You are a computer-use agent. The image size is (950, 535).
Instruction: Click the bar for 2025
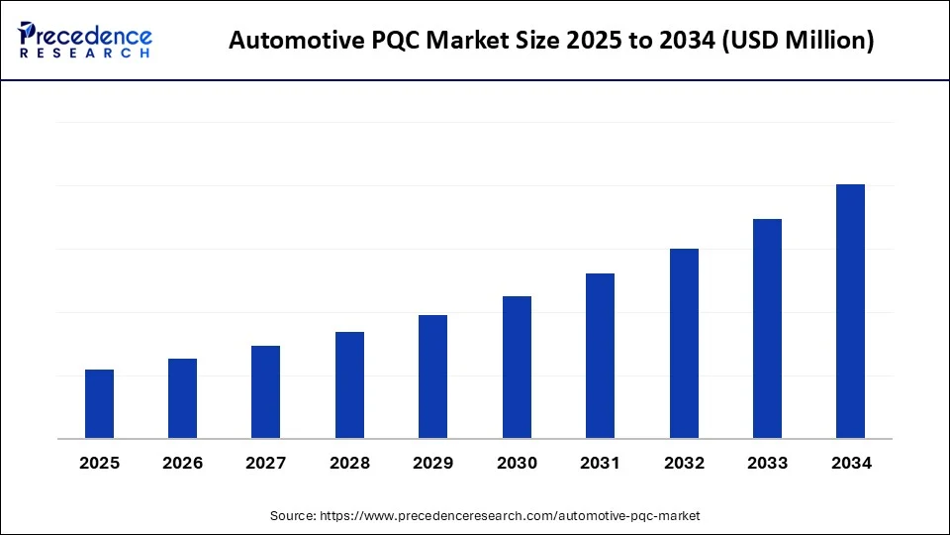[x=99, y=404]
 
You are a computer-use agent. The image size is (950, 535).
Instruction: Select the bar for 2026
[x=182, y=398]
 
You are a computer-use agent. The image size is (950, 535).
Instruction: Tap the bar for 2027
[x=265, y=392]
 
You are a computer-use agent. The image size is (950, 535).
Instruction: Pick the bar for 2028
[x=349, y=385]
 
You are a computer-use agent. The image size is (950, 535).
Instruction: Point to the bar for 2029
[x=432, y=376]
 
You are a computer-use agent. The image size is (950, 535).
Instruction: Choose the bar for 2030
[x=517, y=368]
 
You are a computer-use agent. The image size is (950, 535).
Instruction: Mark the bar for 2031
[x=600, y=356]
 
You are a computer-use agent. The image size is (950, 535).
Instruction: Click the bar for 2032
[x=684, y=344]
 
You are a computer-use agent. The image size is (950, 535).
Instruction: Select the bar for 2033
[x=767, y=329]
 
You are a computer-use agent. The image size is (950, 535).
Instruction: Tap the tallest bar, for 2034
[x=850, y=311]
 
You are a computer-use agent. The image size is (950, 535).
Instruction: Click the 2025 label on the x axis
[x=99, y=463]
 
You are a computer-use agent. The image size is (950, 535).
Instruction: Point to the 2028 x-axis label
[x=349, y=463]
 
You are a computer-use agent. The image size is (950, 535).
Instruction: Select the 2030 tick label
[x=517, y=463]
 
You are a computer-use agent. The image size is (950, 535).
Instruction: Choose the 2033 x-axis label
[x=767, y=463]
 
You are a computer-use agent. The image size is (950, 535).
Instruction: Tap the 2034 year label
[x=850, y=463]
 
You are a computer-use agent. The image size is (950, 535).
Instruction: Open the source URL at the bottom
[x=509, y=515]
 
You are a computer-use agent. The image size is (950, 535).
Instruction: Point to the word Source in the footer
[x=294, y=515]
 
